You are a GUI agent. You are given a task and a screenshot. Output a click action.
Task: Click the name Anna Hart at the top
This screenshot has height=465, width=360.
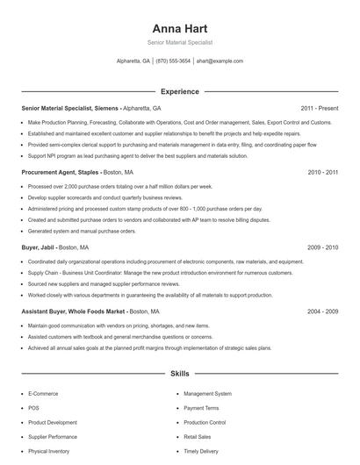point(179,27)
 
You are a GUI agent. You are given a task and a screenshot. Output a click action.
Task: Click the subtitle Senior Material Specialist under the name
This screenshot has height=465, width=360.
point(179,42)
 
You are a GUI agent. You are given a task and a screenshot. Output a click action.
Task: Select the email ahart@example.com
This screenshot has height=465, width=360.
point(220,61)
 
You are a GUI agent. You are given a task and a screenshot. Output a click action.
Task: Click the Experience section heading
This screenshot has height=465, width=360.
point(179,91)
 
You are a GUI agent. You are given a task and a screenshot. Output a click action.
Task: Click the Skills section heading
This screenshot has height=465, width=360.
point(179,374)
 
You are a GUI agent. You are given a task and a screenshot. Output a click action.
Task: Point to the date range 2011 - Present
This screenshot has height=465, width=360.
point(319,108)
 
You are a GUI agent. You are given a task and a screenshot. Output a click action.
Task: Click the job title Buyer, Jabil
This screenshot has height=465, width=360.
point(40,248)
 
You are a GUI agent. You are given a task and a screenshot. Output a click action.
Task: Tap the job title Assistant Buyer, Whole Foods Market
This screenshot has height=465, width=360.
point(71,311)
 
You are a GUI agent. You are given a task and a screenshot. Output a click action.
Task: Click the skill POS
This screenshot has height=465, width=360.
point(32,408)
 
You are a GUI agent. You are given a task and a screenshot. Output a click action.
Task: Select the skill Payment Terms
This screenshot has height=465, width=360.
point(201,408)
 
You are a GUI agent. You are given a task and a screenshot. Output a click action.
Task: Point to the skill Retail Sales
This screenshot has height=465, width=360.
point(198,436)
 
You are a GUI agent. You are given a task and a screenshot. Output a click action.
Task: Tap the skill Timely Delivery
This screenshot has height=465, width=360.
point(201,451)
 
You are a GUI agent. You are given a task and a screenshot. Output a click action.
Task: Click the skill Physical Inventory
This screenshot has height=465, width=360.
point(48,451)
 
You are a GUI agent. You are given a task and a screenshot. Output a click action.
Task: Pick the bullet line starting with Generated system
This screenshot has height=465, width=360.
point(82,231)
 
